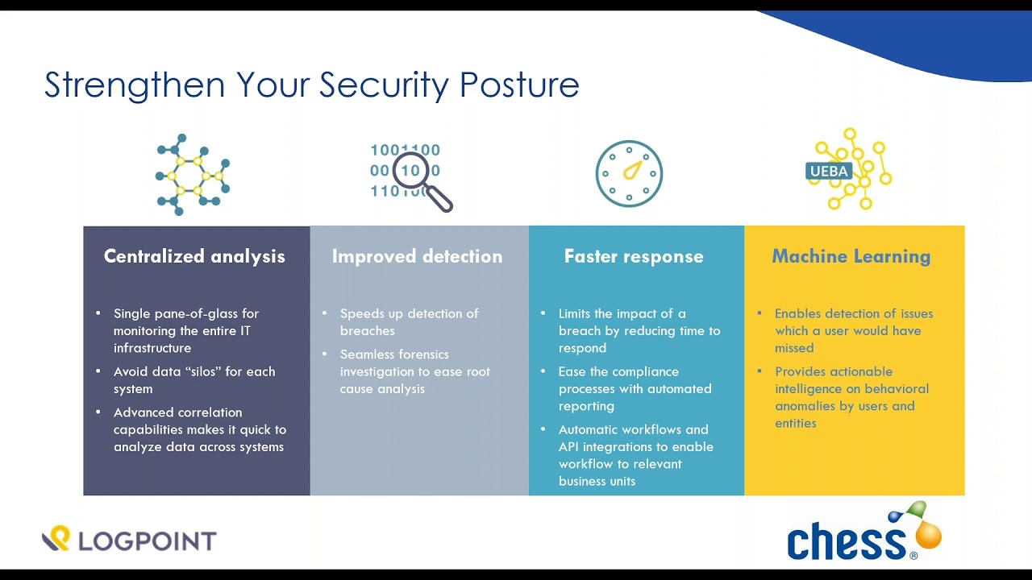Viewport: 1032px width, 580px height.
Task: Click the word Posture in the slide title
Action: (x=519, y=85)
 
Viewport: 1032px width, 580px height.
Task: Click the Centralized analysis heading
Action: (x=194, y=256)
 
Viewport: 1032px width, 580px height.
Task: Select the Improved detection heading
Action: (x=417, y=256)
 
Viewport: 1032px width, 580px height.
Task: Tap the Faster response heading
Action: (x=634, y=256)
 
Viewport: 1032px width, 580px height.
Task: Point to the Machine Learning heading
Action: (x=851, y=256)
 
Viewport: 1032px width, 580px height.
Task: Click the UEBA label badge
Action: (x=829, y=172)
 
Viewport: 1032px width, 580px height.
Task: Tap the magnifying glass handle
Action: (x=439, y=198)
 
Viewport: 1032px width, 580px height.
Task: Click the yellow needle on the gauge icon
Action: (x=633, y=170)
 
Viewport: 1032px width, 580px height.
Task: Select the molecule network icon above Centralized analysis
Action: (x=193, y=175)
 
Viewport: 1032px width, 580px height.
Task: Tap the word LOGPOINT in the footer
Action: (x=148, y=541)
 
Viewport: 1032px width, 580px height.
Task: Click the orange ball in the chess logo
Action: (x=928, y=536)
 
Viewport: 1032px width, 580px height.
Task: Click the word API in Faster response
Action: (x=568, y=446)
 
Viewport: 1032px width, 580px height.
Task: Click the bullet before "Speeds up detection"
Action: (x=325, y=313)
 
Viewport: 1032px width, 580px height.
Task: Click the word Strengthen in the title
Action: (x=135, y=85)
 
